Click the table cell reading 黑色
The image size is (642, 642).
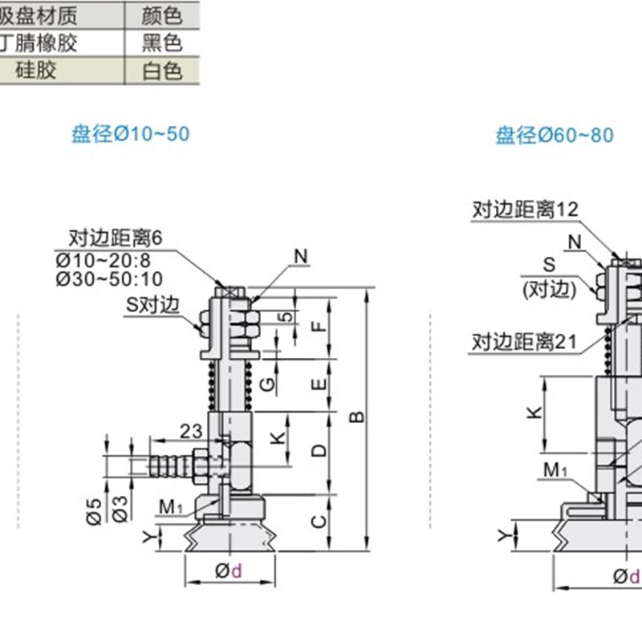tap(162, 43)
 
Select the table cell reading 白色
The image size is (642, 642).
tap(162, 71)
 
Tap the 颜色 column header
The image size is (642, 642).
tap(162, 14)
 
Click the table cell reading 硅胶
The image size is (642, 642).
tap(37, 71)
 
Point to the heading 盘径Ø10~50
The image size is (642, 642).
tap(131, 133)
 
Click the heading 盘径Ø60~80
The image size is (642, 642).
tap(555, 135)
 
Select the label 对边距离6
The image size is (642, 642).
tap(116, 238)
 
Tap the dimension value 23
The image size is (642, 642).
tap(190, 431)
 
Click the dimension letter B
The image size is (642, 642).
tap(359, 416)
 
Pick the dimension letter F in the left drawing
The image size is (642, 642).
tap(319, 327)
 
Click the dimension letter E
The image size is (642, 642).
tap(319, 384)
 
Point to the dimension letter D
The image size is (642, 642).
tap(319, 450)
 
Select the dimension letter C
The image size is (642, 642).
tap(319, 522)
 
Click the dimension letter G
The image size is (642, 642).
tap(270, 383)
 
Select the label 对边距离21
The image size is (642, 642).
tap(524, 342)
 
